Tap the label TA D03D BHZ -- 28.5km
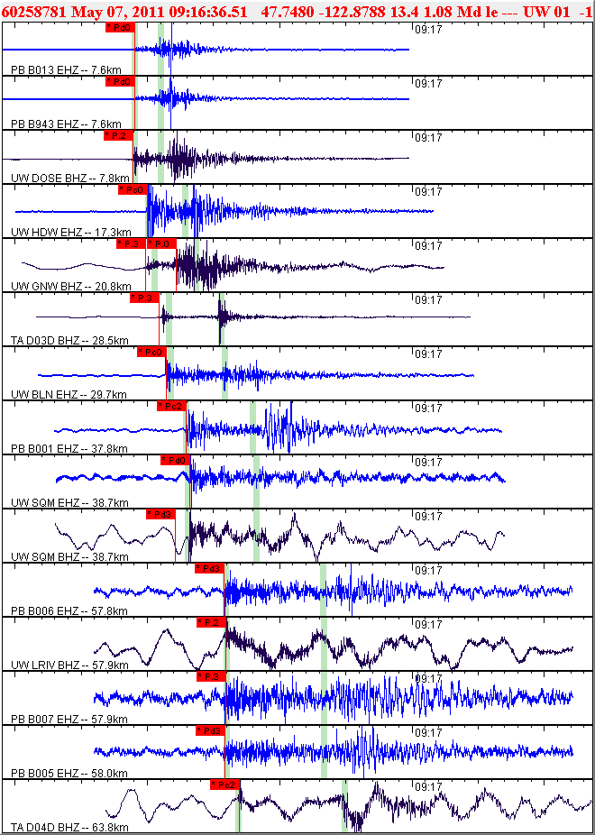[69, 341]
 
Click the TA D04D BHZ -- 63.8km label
[69, 828]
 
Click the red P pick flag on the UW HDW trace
[132, 189]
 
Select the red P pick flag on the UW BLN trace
[151, 352]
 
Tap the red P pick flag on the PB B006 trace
[208, 568]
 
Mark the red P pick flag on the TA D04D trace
[224, 785]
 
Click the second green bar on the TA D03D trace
[220, 320]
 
